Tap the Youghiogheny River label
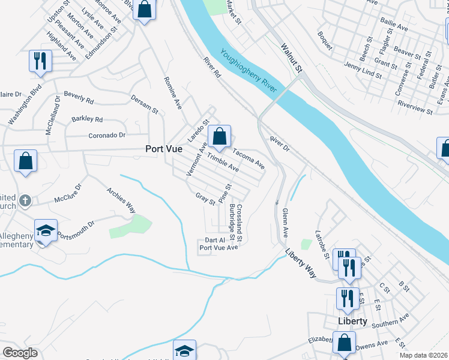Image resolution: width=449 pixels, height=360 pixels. pyautogui.click(x=248, y=70)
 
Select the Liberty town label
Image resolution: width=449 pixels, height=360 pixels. pyautogui.click(x=352, y=321)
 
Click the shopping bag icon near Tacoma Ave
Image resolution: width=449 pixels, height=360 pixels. pyautogui.click(x=220, y=137)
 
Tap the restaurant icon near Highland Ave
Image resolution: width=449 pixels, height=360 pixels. pyautogui.click(x=40, y=62)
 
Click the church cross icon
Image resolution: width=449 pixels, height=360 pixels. pyautogui.click(x=25, y=200)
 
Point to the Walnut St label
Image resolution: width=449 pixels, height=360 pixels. pyautogui.click(x=292, y=57)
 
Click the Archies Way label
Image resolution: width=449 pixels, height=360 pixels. pyautogui.click(x=121, y=200)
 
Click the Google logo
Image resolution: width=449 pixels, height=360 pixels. pyautogui.click(x=20, y=353)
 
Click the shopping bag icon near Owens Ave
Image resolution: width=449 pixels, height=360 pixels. pyautogui.click(x=345, y=343)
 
